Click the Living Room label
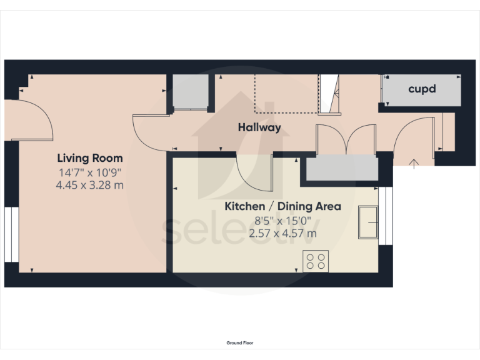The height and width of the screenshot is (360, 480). tap(90, 158)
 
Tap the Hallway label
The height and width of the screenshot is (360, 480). tap(259, 127)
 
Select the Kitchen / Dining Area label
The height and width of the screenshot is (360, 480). tap(282, 206)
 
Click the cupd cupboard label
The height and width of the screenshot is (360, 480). tap(422, 89)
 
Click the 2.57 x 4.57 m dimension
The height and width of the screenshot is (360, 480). tap(282, 233)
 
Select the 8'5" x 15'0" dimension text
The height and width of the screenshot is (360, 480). tap(282, 220)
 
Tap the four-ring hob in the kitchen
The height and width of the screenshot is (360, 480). tap(316, 261)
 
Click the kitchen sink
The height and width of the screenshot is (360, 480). tap(367, 221)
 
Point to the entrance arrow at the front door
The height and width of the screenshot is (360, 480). tap(413, 164)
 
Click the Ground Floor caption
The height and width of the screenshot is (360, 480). tap(240, 342)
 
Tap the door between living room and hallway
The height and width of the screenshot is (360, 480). tap(150, 132)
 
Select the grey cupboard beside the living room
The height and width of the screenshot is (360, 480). tap(189, 91)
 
